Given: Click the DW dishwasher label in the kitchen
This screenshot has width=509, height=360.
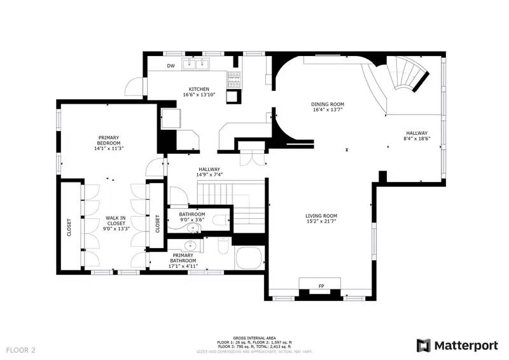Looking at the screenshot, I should click(171, 66).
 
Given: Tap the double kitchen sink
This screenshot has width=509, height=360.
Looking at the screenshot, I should click(197, 64).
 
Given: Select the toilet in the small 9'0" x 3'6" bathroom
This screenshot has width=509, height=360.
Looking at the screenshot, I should click(220, 220).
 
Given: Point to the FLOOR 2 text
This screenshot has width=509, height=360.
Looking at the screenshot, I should click(21, 350).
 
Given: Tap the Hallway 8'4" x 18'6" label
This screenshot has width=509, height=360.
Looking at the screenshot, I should click(417, 137).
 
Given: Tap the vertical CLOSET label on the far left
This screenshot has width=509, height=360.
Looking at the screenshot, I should click(69, 228).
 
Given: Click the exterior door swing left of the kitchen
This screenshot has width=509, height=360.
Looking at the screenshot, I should click(133, 88).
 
